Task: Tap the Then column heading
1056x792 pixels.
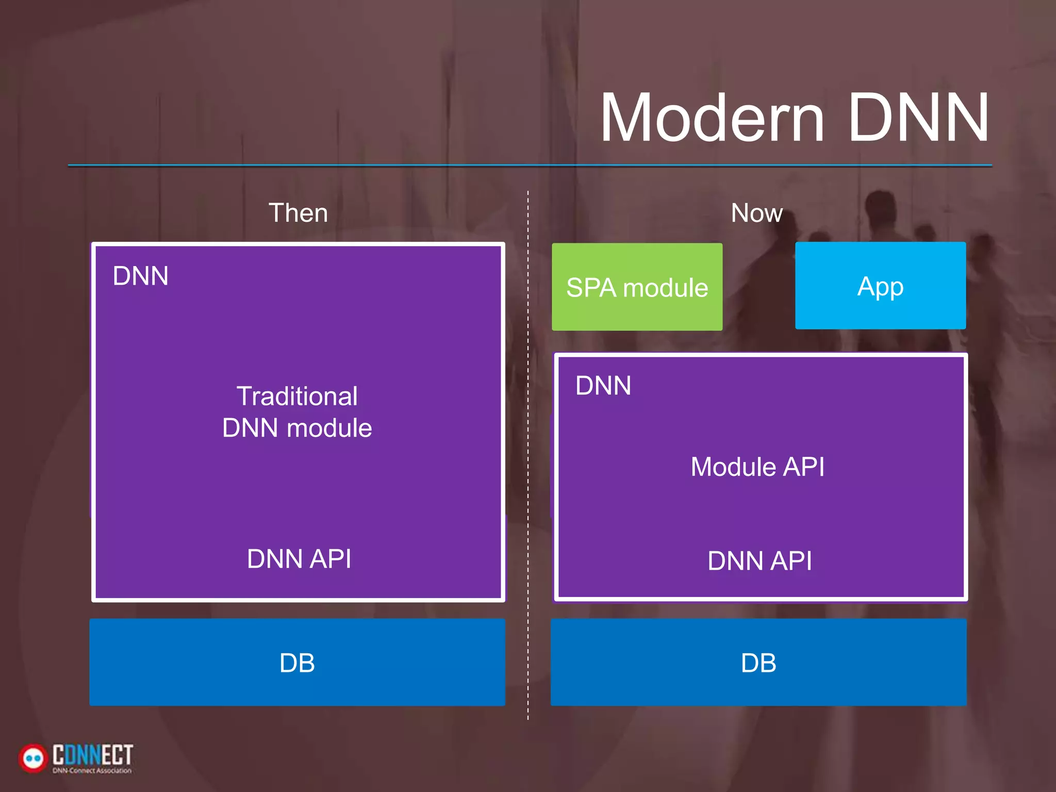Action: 298,213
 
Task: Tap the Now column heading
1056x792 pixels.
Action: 756,213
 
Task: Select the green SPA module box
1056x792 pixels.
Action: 637,287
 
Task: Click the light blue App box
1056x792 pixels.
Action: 880,286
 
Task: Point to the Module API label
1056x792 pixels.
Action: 757,467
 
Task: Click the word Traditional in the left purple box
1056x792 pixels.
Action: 297,397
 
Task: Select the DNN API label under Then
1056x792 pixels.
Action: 299,559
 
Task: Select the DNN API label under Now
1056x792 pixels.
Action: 760,561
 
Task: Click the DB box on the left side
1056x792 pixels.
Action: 297,663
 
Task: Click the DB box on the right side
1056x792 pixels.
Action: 758,663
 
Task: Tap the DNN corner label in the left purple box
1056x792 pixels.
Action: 140,276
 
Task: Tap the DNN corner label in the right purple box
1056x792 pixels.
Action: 603,386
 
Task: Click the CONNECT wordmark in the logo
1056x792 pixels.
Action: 93,754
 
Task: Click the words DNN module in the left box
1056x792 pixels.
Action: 297,428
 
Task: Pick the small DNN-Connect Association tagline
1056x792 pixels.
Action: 92,771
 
